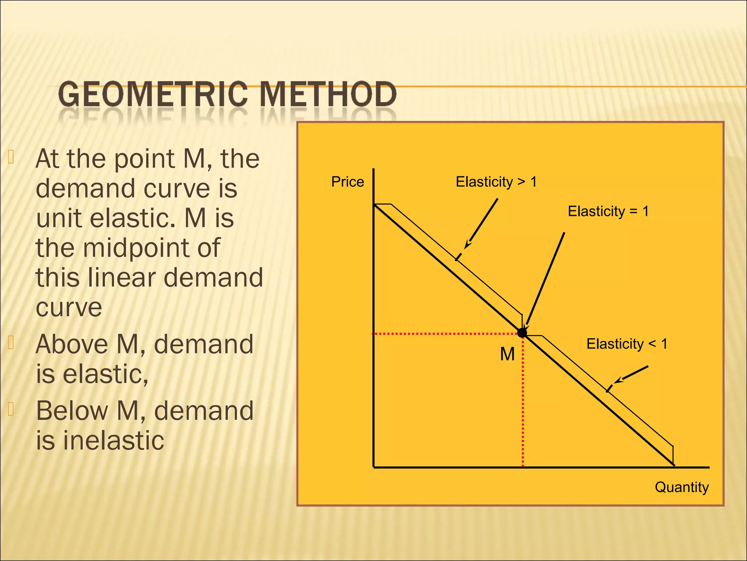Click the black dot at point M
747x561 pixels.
pos(522,333)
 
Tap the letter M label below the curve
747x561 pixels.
pos(507,354)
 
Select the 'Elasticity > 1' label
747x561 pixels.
pos(496,182)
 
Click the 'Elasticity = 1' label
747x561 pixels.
pos(608,211)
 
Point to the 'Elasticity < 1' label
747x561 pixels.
pos(627,344)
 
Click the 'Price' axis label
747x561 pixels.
pos(347,182)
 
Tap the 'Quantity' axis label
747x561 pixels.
pos(681,487)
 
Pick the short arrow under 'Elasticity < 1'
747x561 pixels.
pos(631,375)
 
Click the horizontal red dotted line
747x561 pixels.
pos(445,334)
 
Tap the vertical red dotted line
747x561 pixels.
pos(523,402)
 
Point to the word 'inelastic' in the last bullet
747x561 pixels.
pos(113,440)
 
